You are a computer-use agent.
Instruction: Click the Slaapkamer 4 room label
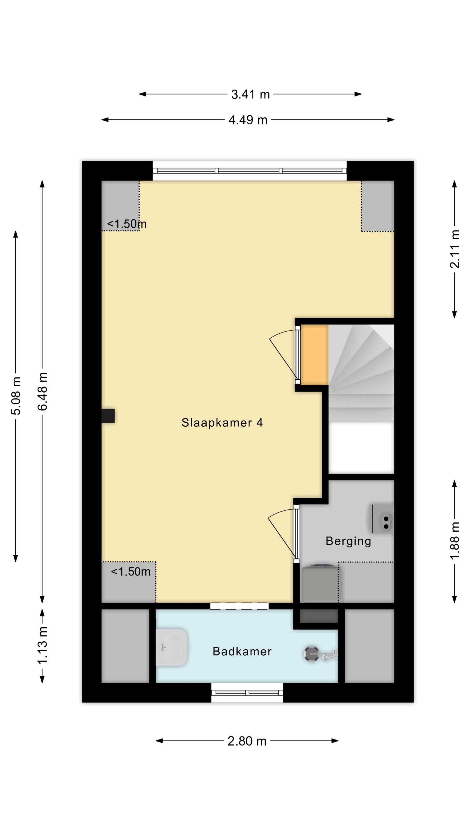222,423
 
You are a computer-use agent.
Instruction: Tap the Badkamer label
242,652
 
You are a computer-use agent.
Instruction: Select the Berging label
348,541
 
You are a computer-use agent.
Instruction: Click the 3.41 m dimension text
250,94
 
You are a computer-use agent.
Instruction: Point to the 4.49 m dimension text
248,120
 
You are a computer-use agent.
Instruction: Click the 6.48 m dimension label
43,391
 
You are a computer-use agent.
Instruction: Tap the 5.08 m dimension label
16,396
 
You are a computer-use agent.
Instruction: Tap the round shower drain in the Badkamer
311,654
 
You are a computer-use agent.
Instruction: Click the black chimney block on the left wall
108,416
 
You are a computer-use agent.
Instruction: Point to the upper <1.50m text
127,224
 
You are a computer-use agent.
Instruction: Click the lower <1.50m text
131,571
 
